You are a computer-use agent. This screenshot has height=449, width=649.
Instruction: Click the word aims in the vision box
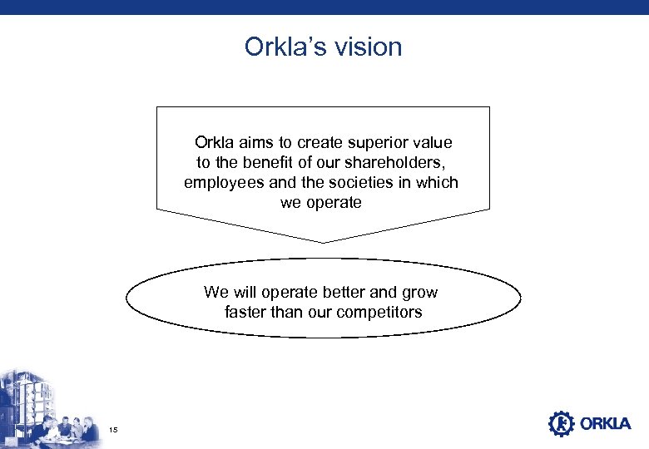point(255,143)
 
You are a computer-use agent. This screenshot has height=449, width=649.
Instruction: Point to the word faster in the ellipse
point(246,313)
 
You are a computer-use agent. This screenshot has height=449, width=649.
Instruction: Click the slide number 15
point(114,429)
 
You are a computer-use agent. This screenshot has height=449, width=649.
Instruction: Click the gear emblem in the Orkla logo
point(561,424)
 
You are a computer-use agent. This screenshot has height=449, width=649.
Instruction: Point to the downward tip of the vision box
point(323,241)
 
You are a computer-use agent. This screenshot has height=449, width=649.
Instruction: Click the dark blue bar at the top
point(324,7)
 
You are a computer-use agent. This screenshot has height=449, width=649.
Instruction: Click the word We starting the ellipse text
point(216,293)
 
